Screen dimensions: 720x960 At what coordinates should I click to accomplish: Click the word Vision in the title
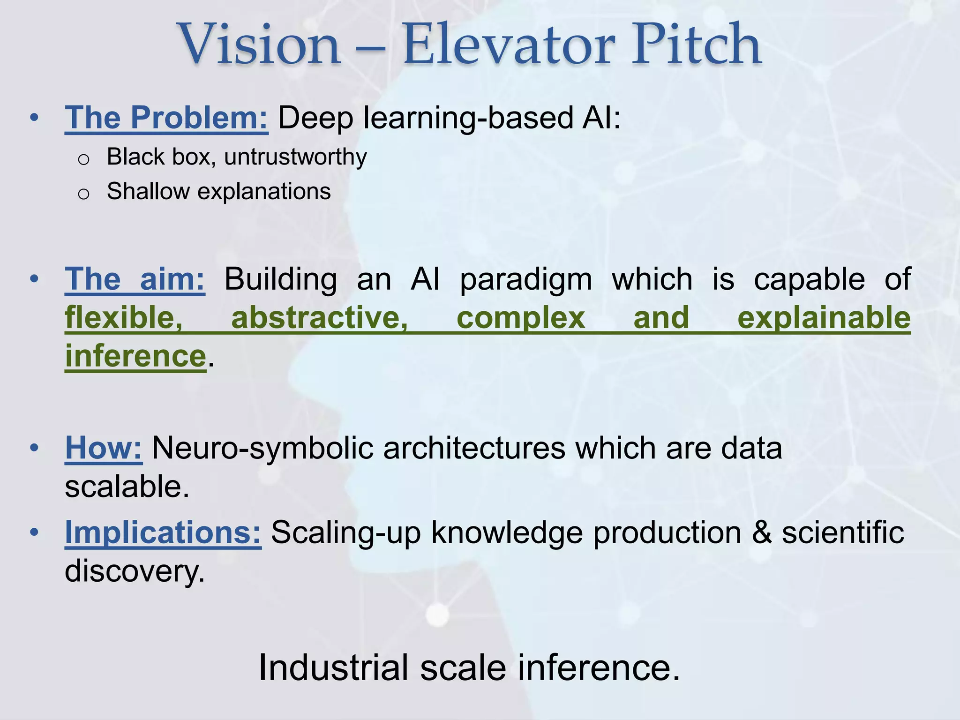[x=259, y=45]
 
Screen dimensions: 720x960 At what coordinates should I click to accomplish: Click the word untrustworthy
[x=295, y=157]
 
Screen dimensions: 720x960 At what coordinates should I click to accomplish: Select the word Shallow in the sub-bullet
[x=148, y=191]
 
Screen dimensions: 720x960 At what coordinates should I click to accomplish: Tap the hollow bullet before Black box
[x=83, y=159]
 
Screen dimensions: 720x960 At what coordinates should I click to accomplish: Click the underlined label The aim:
[x=135, y=279]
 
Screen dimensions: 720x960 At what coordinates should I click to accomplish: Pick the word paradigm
[x=526, y=279]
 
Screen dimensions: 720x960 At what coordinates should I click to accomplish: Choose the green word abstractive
[x=320, y=318]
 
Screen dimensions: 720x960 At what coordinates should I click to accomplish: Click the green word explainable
[x=824, y=318]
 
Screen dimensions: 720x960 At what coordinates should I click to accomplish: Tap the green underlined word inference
[x=135, y=356]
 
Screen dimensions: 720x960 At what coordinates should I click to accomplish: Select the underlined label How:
[x=104, y=448]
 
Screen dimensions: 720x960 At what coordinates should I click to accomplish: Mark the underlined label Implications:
[x=163, y=532]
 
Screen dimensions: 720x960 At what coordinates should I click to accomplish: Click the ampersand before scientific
[x=761, y=532]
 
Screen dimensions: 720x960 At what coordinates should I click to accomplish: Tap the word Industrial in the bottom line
[x=333, y=667]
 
